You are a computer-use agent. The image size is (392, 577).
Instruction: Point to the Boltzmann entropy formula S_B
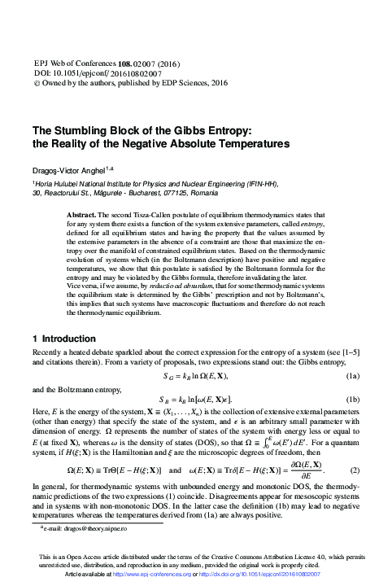[x=196, y=400]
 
